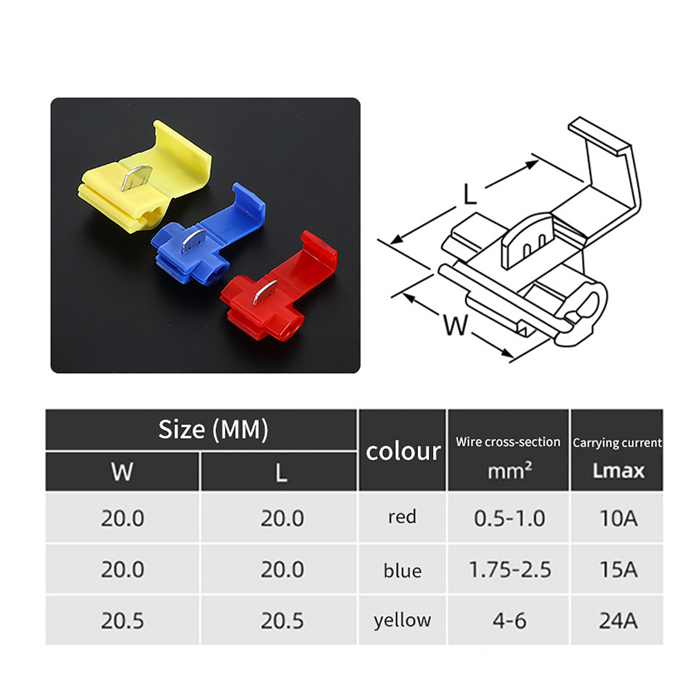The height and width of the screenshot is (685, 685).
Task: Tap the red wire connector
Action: coord(278,287)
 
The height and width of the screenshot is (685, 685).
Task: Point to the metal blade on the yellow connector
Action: coord(136,178)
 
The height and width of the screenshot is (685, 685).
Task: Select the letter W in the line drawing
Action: coord(456,325)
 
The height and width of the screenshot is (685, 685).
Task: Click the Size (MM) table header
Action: coord(213,429)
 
